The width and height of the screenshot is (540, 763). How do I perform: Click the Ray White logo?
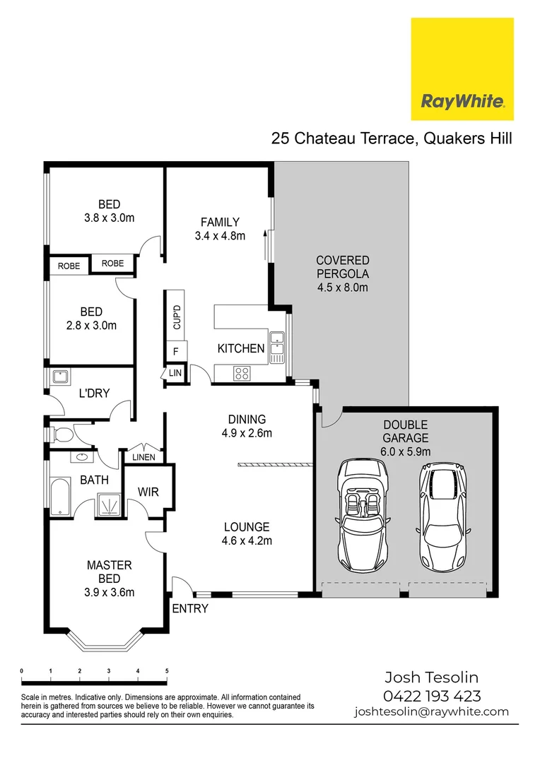[x=462, y=69]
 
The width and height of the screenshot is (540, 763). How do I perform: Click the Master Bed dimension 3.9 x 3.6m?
[x=109, y=592]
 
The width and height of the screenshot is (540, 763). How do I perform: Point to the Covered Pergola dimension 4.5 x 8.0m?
[x=342, y=288]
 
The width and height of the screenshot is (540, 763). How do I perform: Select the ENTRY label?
[x=190, y=608]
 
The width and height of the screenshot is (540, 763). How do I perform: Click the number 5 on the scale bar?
[x=167, y=670]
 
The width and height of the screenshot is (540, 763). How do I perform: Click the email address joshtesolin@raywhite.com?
[x=431, y=711]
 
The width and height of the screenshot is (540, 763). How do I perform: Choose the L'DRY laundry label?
[x=94, y=393]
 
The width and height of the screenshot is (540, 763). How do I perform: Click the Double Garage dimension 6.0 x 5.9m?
[x=406, y=451]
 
